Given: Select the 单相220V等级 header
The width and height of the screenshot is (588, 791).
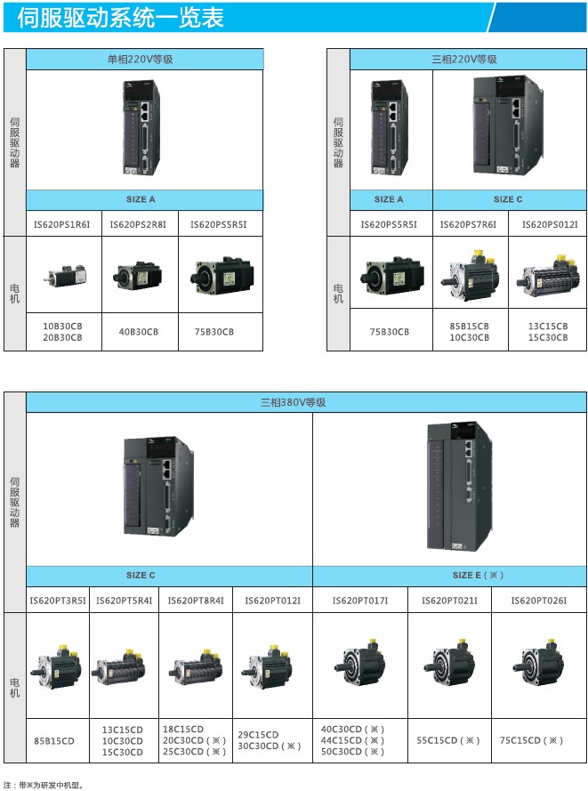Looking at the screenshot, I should pos(145,60).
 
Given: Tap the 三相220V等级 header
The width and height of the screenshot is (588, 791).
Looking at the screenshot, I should pos(463,60).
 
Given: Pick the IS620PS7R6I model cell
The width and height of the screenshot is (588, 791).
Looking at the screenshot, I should pos(468,224).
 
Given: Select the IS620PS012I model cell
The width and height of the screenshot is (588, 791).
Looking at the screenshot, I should pos(549,224).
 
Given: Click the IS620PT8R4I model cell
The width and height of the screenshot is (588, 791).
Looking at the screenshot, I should pos(196,601).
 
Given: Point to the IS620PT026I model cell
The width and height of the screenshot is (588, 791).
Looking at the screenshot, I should pos(538,601).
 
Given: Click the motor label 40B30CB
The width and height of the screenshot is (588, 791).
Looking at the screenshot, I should pos(139,332).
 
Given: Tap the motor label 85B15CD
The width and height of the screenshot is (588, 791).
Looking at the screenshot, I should pos(54,740).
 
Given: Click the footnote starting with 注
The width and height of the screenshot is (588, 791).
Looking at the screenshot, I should pos(43,785).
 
